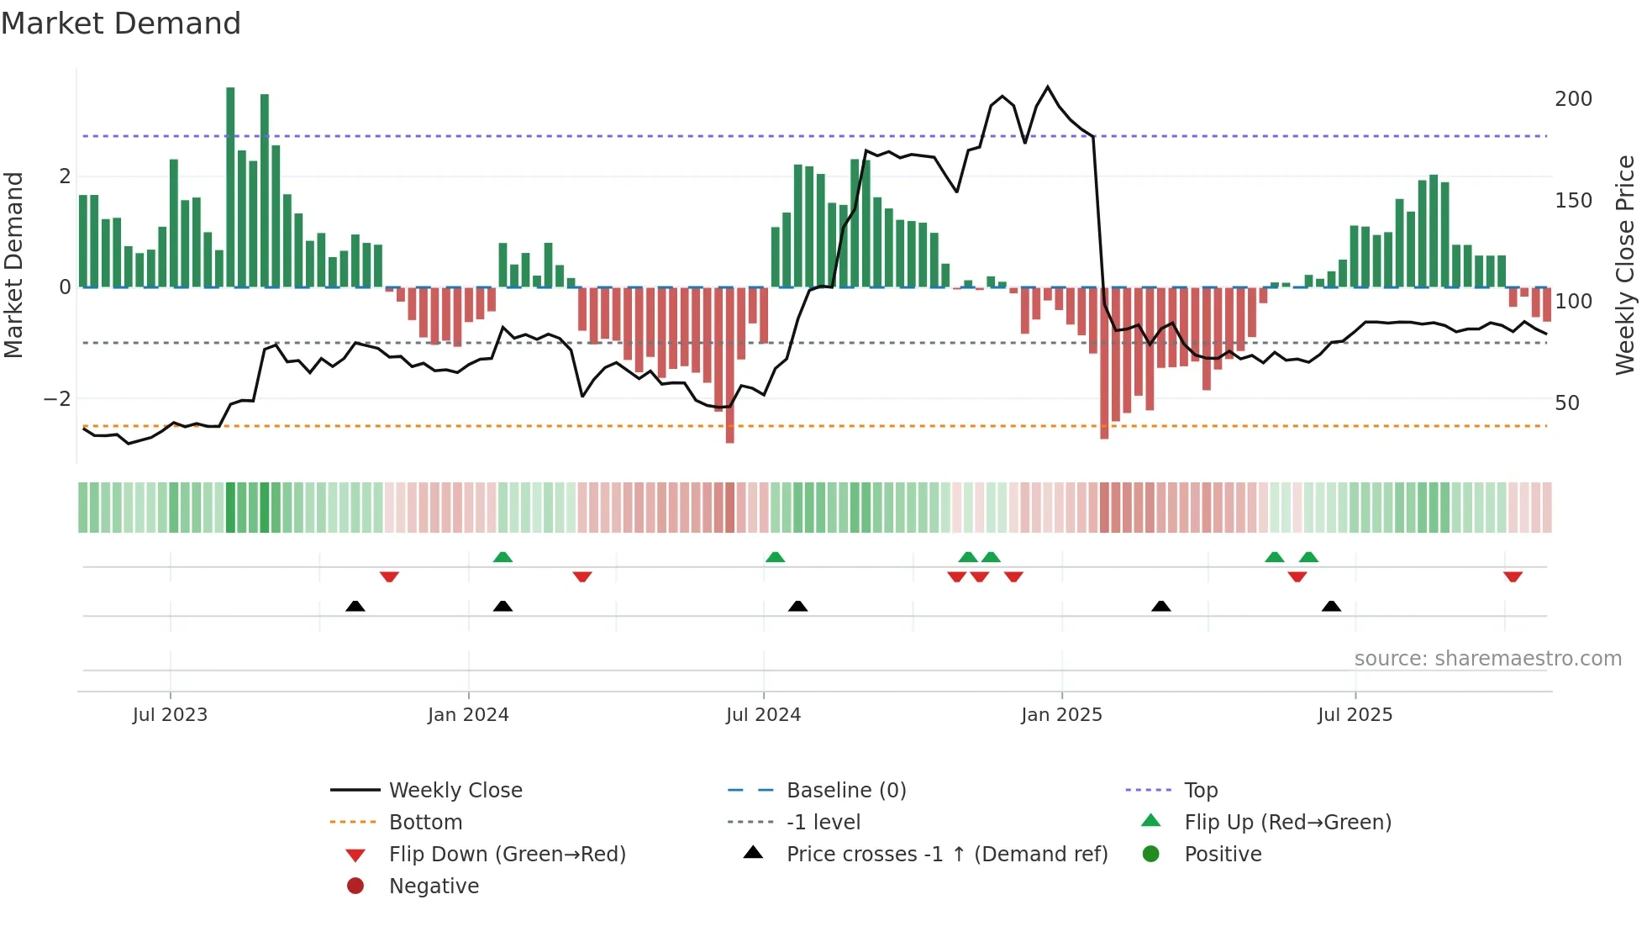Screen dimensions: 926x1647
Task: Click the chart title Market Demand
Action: coord(121,24)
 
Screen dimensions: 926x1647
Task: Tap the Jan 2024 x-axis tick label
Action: coord(468,715)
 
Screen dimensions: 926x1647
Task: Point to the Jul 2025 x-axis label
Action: coord(1355,715)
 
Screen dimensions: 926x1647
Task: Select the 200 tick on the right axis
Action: coord(1573,99)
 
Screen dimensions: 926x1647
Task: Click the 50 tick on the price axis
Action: coord(1567,403)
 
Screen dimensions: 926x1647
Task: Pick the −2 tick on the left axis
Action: coord(57,399)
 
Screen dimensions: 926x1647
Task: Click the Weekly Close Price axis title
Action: coord(1625,265)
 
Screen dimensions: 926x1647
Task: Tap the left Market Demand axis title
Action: coord(13,265)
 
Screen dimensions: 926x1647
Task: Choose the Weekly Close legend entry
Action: coord(455,791)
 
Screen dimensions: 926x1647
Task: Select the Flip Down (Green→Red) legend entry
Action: coord(507,855)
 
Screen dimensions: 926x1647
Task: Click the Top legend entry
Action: coord(1200,791)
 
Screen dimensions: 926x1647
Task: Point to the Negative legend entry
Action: coord(434,887)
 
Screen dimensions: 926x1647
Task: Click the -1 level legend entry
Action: coord(823,823)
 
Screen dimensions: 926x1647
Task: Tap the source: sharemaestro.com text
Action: coord(1487,659)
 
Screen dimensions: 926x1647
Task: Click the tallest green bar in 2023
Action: coord(230,187)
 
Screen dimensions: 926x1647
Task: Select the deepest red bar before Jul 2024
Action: coord(729,366)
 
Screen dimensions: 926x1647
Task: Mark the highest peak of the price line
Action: coord(1047,87)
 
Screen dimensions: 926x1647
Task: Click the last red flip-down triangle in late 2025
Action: coord(1513,577)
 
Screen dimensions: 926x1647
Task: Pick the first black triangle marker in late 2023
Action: coord(355,606)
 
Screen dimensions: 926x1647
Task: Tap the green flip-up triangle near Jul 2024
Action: coord(775,557)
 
